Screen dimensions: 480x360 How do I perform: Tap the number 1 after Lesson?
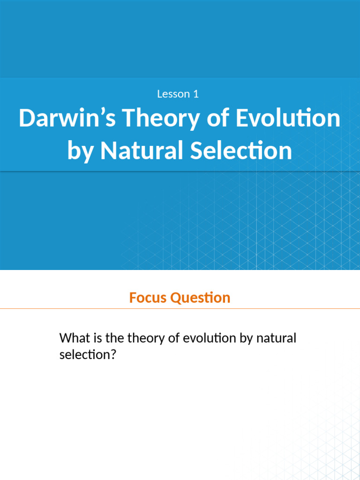(195, 94)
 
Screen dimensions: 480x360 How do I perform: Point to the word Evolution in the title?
(288, 119)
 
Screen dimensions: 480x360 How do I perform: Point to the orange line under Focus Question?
(180, 309)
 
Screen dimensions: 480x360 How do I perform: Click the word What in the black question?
(74, 337)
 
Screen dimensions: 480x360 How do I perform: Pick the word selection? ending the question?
(88, 355)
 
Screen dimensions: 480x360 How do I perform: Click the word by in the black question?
(247, 338)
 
